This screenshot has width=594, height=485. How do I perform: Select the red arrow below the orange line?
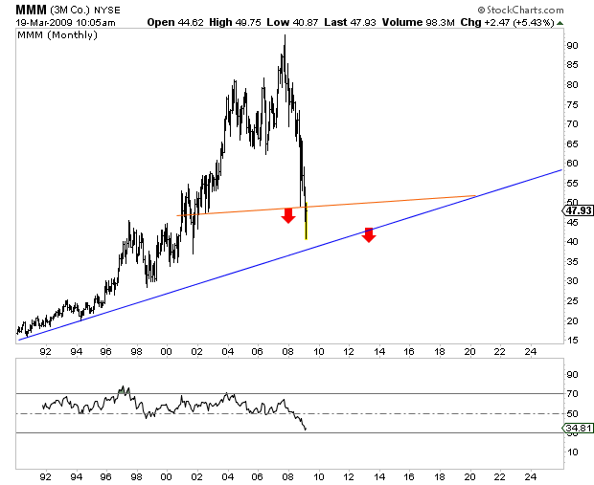[287, 216]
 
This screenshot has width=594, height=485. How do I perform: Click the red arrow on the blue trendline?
[369, 234]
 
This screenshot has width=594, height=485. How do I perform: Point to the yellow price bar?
[306, 221]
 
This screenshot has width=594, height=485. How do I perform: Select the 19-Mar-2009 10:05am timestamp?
[55, 21]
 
